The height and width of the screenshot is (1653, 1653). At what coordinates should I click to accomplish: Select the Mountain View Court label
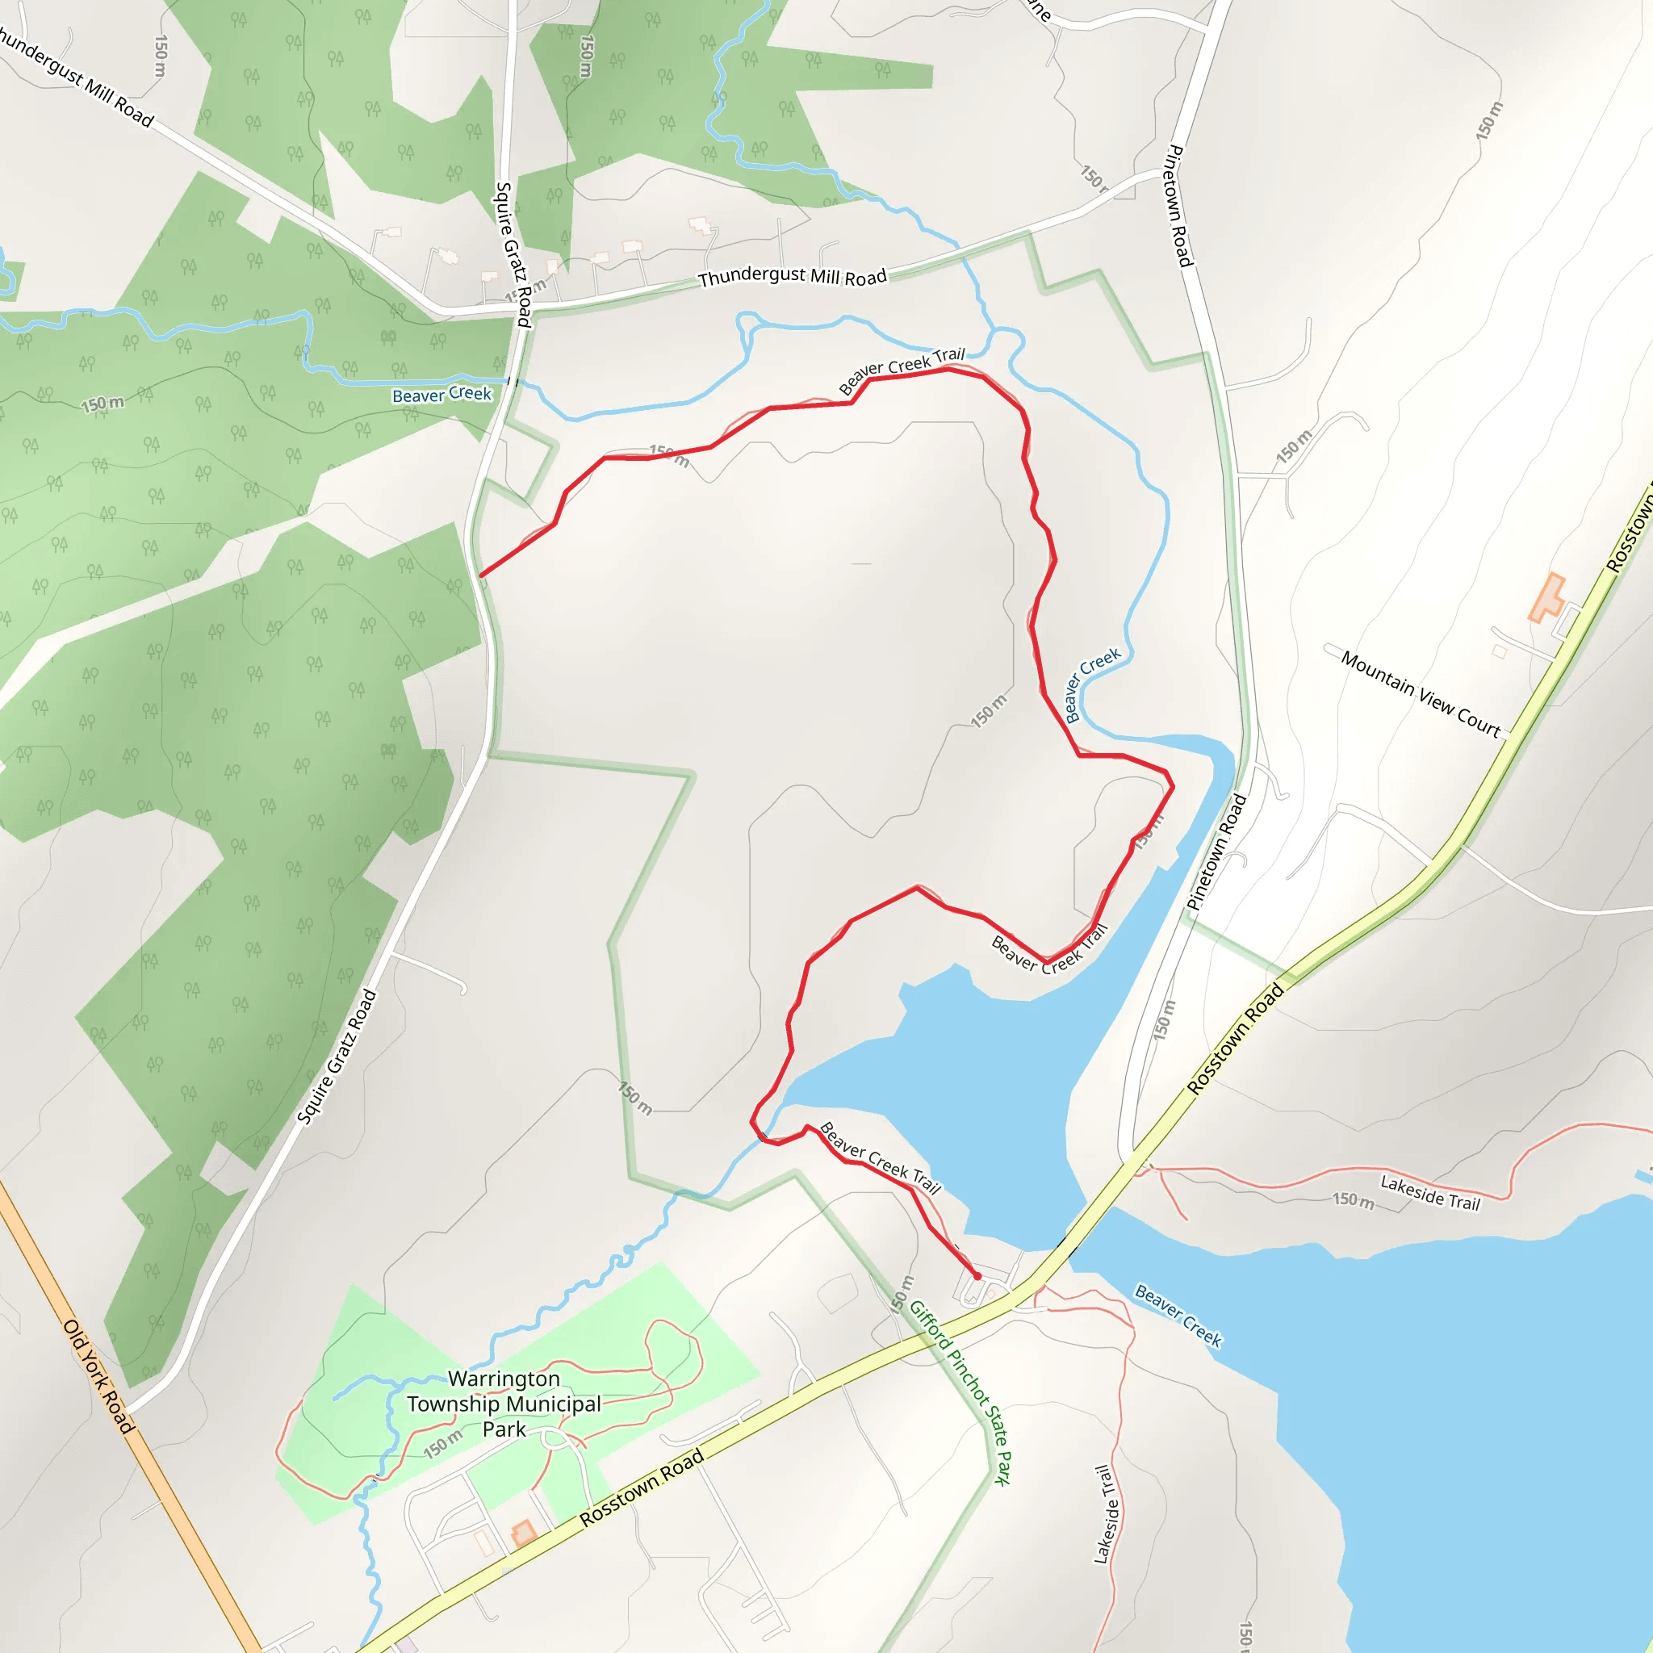1421,694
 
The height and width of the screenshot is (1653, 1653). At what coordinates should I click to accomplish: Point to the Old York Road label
99,1377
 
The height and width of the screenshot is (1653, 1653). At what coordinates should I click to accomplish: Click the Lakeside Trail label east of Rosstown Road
1429,1192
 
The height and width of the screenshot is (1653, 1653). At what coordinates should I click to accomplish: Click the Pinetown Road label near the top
1180,205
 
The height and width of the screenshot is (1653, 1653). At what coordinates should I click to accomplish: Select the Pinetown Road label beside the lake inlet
1216,852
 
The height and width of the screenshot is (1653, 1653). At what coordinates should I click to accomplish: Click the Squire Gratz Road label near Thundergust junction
513,254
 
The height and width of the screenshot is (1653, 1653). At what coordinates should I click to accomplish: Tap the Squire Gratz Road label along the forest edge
337,1057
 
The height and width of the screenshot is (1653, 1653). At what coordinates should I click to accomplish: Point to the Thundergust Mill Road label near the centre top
792,276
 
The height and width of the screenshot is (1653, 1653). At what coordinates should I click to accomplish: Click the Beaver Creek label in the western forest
441,394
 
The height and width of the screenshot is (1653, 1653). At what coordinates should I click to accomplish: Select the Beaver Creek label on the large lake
1178,1315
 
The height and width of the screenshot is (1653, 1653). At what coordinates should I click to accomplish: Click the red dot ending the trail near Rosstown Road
977,1276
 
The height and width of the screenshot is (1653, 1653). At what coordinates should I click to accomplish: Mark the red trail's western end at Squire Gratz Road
482,575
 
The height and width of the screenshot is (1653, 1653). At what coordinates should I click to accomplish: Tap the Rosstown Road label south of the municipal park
641,1487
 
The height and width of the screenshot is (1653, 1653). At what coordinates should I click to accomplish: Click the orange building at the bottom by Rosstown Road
523,1533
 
